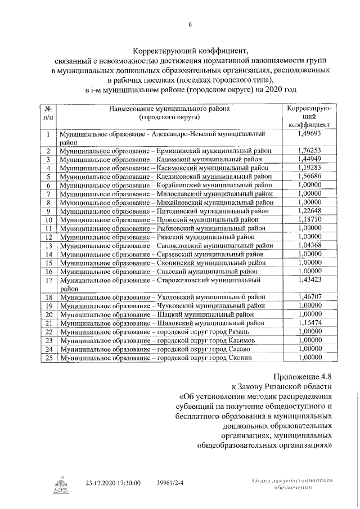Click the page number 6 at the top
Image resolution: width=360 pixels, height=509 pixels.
190,25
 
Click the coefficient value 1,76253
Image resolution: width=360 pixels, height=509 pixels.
309,151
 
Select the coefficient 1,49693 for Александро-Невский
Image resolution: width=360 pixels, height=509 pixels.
309,134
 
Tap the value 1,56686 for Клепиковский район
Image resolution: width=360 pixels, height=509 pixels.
309,176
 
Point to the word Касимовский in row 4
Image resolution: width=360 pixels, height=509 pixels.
177,168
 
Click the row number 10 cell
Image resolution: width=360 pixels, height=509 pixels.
48,219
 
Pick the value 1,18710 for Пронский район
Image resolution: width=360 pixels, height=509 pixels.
309,219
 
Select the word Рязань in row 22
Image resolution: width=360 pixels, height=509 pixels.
244,332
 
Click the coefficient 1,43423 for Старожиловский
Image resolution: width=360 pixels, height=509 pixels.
309,280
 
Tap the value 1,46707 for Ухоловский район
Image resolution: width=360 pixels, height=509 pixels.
309,296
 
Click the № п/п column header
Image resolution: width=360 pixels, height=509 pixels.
48,114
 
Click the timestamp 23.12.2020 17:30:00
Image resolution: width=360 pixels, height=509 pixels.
112,483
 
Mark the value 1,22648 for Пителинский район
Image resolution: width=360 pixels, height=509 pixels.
309,210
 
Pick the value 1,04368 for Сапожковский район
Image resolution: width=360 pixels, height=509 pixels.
309,245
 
